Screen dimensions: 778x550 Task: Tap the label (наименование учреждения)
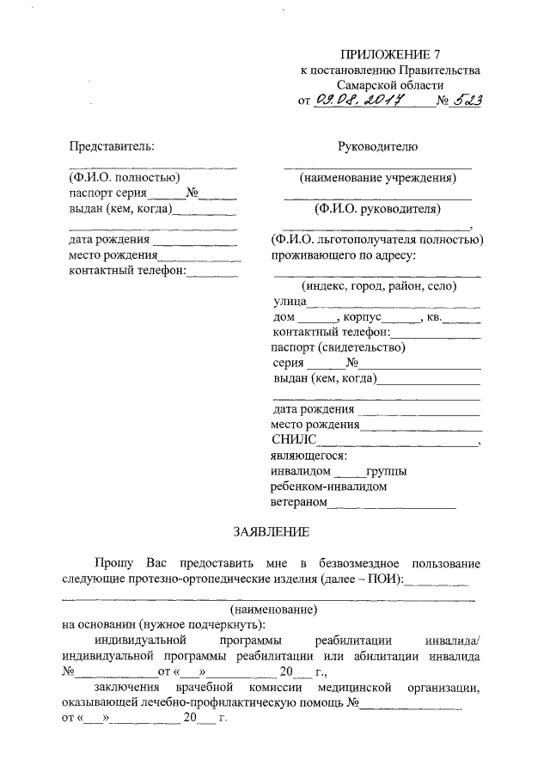click(377, 178)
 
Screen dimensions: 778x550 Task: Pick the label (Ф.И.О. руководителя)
click(377, 209)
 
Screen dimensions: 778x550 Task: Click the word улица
click(290, 302)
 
